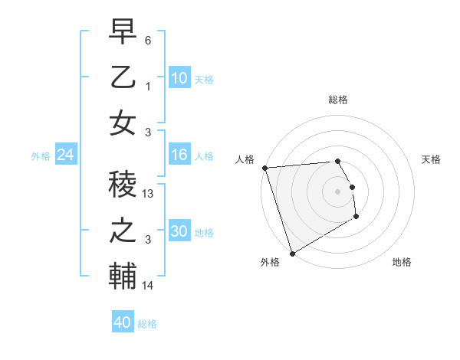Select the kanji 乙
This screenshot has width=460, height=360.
pos(123,79)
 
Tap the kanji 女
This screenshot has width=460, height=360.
pos(123,123)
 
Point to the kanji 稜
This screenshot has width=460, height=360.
pos(123,186)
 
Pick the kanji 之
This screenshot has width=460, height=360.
pos(123,231)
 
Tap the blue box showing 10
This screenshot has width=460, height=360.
pos(179,78)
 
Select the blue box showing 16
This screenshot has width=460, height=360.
pos(179,155)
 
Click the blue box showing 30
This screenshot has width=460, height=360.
pos(179,231)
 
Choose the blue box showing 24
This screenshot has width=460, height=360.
pos(66,155)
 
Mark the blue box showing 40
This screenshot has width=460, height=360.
pos(123,322)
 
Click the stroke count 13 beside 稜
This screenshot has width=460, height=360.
pos(149,195)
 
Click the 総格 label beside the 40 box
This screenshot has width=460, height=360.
pos(148,324)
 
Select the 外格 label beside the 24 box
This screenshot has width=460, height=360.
pos(41,156)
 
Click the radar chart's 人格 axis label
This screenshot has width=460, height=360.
pos(245,159)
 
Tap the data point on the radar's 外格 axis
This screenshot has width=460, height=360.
pos(292,254)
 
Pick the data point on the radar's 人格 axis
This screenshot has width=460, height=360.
pos(264,168)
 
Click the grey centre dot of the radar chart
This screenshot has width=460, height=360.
pos(337,191)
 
